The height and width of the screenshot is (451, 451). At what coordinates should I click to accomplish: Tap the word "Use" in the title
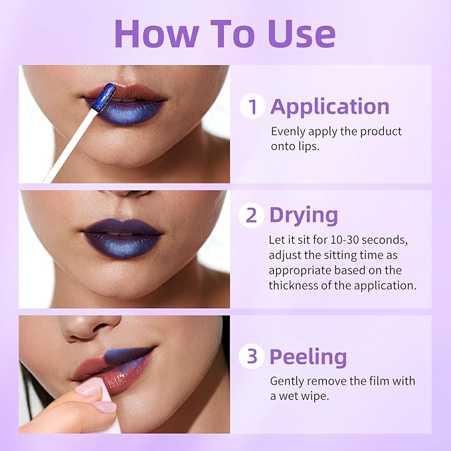(x=299, y=33)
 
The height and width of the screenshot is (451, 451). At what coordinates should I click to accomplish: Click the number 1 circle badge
(x=252, y=106)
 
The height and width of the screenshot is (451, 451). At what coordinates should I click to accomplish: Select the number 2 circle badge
(x=252, y=215)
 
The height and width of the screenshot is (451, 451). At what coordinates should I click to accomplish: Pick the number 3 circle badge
(x=252, y=357)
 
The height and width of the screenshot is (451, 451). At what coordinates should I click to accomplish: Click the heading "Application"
(x=329, y=106)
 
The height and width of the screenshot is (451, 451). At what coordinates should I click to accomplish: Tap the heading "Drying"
(x=304, y=215)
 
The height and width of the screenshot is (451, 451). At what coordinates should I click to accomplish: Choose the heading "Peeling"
(x=308, y=357)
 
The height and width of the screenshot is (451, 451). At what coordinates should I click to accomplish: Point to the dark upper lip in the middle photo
(x=122, y=227)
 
